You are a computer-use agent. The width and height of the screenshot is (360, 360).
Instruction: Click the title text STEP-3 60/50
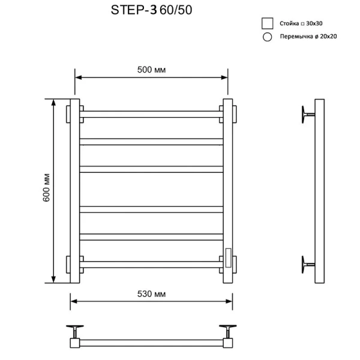click(151, 10)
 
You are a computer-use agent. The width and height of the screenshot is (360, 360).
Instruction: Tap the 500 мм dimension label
click(151, 70)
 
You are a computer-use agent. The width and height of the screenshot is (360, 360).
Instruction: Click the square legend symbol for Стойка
click(267, 24)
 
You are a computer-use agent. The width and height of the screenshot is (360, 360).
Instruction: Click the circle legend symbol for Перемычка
click(267, 37)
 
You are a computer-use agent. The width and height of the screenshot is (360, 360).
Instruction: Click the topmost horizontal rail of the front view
click(151, 113)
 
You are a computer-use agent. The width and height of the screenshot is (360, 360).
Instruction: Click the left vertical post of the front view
click(74, 191)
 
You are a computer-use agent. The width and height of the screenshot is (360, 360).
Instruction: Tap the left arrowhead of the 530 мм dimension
click(74, 302)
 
